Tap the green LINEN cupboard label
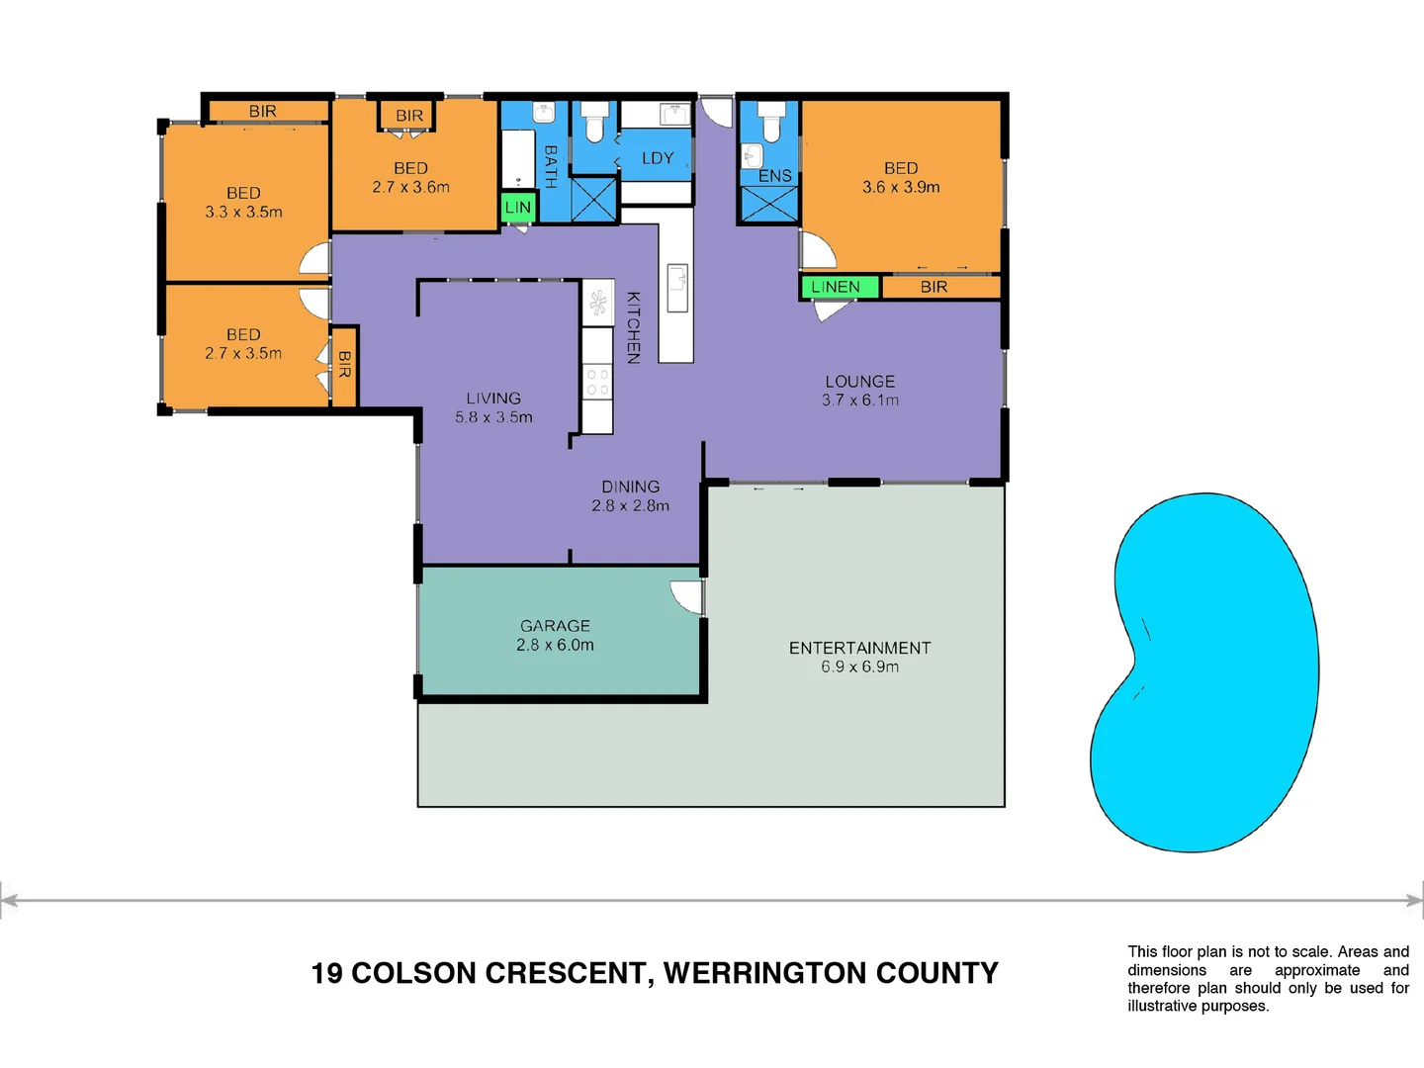click(836, 287)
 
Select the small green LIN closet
click(517, 208)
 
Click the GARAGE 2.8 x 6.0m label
click(555, 635)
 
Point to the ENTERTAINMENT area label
click(859, 648)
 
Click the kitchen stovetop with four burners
click(597, 383)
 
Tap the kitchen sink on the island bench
click(677, 288)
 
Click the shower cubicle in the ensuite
click(769, 204)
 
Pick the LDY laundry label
click(658, 158)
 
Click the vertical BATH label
click(551, 166)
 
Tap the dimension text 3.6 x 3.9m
click(901, 187)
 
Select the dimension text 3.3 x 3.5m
click(243, 212)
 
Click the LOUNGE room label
click(860, 382)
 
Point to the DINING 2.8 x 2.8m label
click(630, 495)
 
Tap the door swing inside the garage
click(686, 596)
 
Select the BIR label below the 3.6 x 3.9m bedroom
click(934, 287)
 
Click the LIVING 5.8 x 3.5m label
click(493, 407)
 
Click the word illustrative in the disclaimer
click(1162, 1006)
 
